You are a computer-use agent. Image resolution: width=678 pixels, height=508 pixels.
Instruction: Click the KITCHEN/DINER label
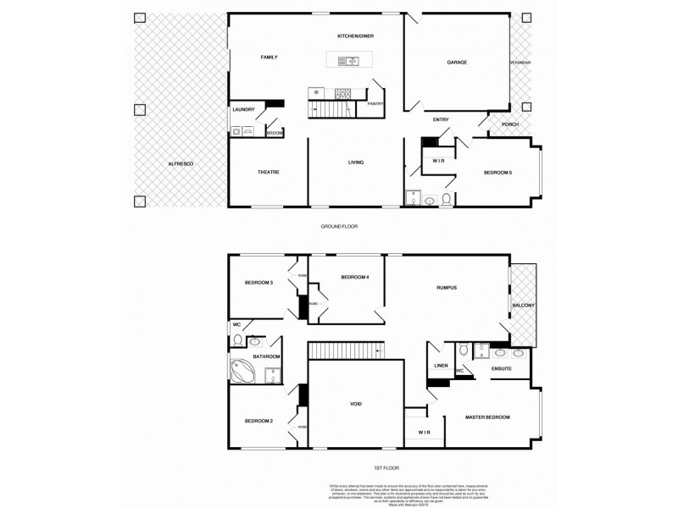(356, 36)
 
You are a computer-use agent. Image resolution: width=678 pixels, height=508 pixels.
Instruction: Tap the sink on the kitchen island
(348, 60)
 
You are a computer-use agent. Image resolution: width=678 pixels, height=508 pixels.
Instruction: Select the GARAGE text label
(457, 62)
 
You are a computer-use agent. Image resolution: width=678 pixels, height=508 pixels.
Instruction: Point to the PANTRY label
(375, 103)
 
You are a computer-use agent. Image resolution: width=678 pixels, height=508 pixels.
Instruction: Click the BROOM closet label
(275, 132)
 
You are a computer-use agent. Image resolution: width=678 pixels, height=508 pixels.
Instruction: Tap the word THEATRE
(269, 172)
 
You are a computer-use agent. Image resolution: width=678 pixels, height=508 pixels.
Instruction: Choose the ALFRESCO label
(180, 163)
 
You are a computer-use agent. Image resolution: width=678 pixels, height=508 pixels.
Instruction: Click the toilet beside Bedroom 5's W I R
(430, 201)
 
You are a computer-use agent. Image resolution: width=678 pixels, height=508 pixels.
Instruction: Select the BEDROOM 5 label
(497, 172)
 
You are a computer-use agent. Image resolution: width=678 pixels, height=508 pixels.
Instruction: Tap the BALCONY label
(523, 305)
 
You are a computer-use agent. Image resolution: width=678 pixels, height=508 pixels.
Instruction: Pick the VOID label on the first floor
(356, 405)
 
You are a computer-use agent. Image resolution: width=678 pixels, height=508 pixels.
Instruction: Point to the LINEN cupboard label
(441, 366)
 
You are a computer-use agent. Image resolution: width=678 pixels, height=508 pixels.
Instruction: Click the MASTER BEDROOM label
(486, 417)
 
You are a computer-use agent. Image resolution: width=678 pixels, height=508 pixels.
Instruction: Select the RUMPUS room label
(447, 288)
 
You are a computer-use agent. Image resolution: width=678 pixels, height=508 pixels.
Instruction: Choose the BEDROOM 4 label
(354, 278)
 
